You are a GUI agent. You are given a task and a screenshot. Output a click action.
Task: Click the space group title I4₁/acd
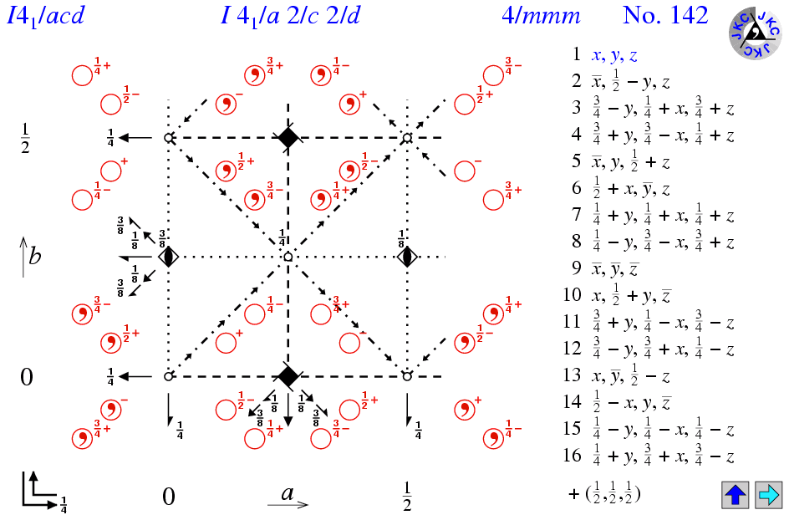46,16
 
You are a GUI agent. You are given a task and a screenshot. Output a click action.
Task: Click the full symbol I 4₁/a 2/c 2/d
288,16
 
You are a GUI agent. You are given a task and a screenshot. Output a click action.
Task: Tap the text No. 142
665,16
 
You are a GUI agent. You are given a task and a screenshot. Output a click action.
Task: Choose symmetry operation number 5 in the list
634,162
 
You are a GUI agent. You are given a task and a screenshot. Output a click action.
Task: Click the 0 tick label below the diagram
168,497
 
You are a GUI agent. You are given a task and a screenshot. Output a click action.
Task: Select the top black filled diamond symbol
288,137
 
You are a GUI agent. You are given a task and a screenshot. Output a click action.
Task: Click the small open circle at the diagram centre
288,257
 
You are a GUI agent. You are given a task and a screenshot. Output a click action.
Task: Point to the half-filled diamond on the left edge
169,257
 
